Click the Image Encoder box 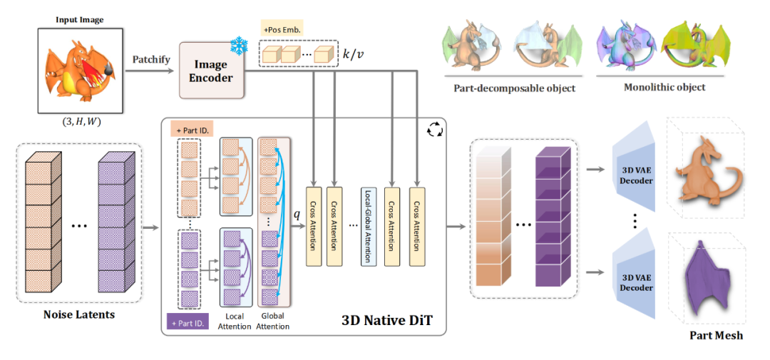212,70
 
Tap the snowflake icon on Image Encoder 237,48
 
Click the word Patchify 151,59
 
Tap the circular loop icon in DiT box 433,130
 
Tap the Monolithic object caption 664,87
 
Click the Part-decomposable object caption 514,88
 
